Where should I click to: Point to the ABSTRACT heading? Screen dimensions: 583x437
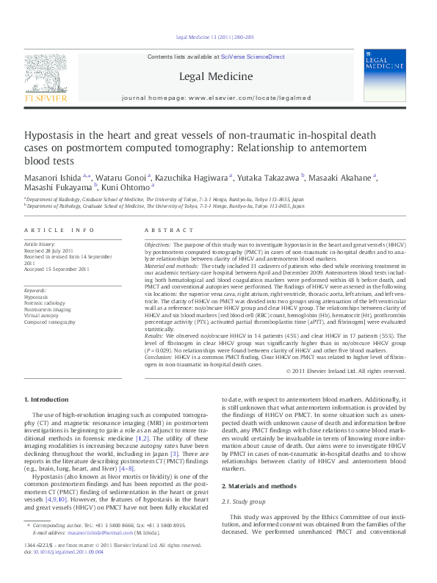(x=162, y=231)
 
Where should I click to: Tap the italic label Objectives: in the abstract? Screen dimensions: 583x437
(x=158, y=243)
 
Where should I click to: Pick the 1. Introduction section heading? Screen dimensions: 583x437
(x=47, y=399)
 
